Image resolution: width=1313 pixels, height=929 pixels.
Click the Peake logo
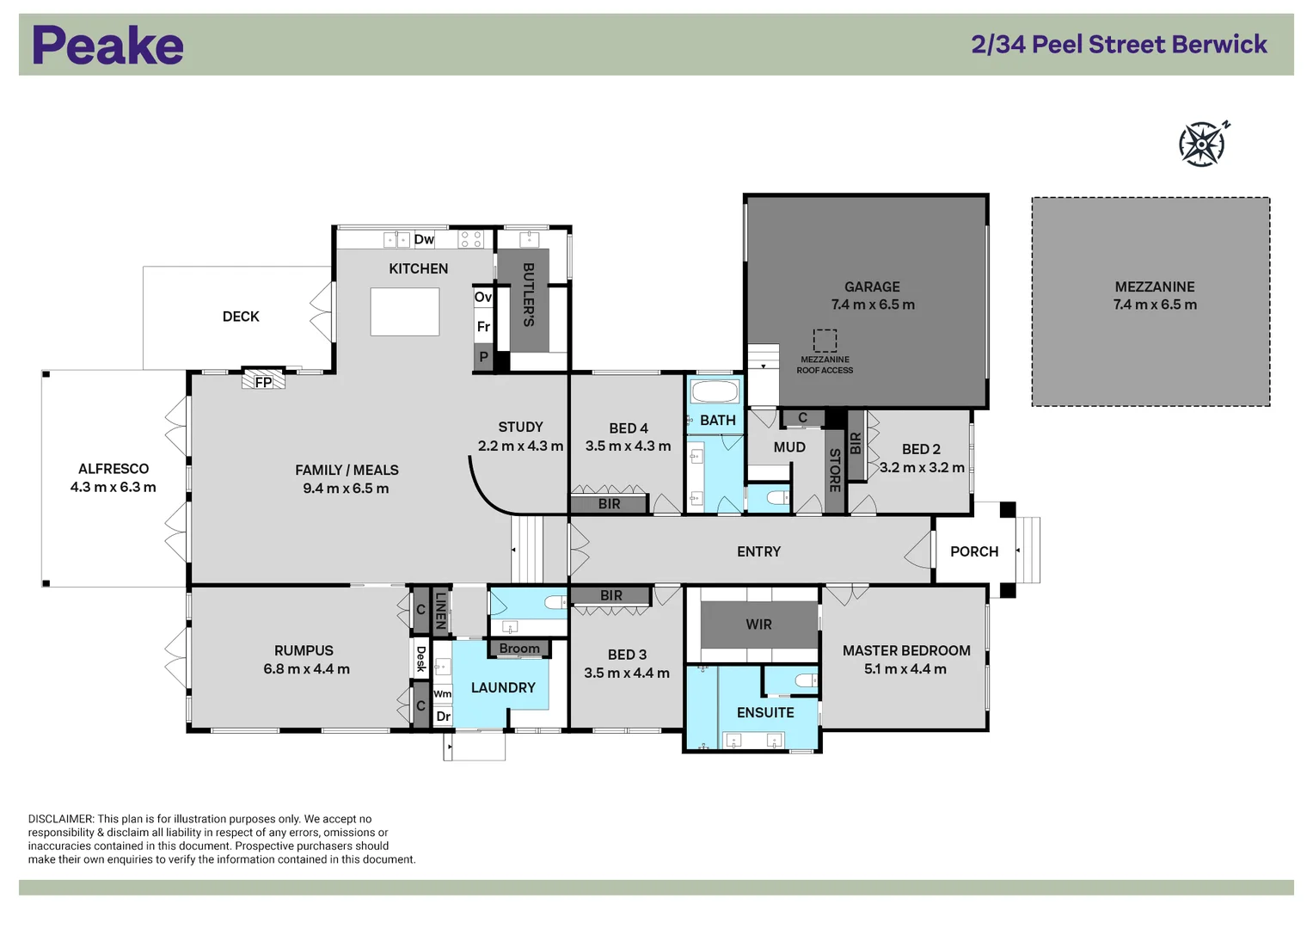[107, 46]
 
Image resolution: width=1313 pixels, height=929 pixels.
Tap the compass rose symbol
[1202, 144]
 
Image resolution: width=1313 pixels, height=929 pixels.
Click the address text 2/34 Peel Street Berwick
[1119, 45]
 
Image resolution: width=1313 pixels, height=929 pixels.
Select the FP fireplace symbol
[263, 381]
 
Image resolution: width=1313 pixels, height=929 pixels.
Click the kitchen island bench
[405, 311]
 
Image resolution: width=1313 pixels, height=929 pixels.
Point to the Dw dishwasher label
[424, 239]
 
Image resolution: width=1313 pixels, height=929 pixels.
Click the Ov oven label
[483, 297]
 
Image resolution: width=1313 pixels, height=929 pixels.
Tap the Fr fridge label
[483, 327]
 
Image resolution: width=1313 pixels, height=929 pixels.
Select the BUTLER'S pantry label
[528, 294]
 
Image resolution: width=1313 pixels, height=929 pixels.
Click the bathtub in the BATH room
[715, 392]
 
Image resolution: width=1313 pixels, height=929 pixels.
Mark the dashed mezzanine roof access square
[825, 341]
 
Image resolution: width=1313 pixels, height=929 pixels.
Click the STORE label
[834, 471]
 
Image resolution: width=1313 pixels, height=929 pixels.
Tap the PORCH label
[974, 551]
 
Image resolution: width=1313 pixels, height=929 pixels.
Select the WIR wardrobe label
[758, 624]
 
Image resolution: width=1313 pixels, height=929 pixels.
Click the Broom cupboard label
[519, 649]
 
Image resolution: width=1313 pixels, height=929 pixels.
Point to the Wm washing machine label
[442, 694]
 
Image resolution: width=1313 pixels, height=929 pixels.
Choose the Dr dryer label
[443, 716]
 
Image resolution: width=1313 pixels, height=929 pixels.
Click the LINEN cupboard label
[440, 610]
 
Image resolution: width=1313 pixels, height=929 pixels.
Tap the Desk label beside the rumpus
[420, 659]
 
